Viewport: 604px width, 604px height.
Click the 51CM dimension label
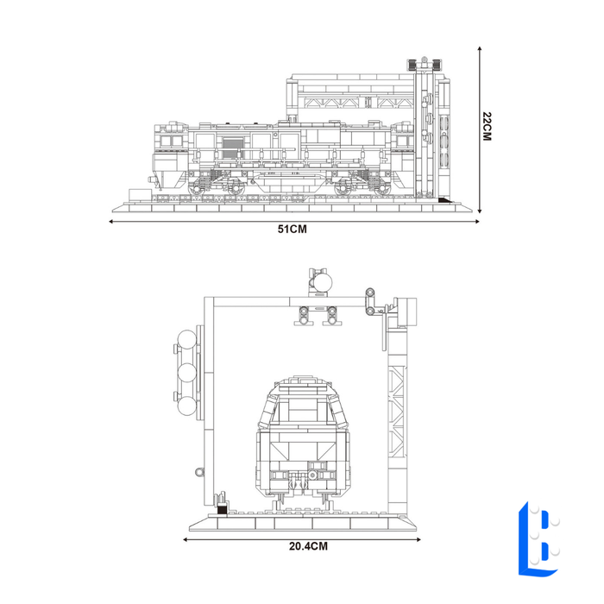(x=293, y=229)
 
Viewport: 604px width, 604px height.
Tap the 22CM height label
(x=487, y=126)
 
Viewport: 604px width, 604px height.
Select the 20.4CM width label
(x=308, y=546)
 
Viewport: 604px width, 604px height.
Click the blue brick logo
(x=538, y=539)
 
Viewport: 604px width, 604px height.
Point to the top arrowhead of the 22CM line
(x=480, y=49)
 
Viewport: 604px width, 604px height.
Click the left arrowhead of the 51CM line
(x=111, y=222)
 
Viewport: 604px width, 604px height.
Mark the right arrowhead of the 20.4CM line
(x=418, y=539)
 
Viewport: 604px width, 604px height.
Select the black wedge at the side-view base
(x=444, y=199)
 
